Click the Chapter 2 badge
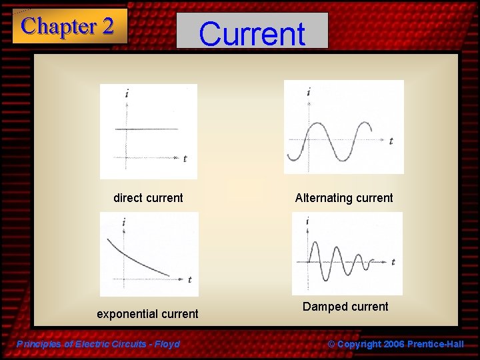[x=69, y=27]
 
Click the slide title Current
[x=252, y=33]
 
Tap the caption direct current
[x=148, y=198]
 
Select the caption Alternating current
[x=344, y=198]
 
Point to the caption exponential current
[x=147, y=314]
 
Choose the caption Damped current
[x=345, y=307]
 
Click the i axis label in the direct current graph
[x=127, y=94]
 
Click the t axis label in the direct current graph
[x=185, y=159]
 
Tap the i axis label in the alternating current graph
[x=309, y=92]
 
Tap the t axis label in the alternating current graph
[x=391, y=141]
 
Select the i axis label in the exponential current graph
[x=124, y=222]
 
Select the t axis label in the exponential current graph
[x=189, y=279]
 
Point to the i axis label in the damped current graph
[x=307, y=221]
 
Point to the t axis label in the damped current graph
[x=393, y=262]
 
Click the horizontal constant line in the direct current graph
[x=147, y=129]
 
